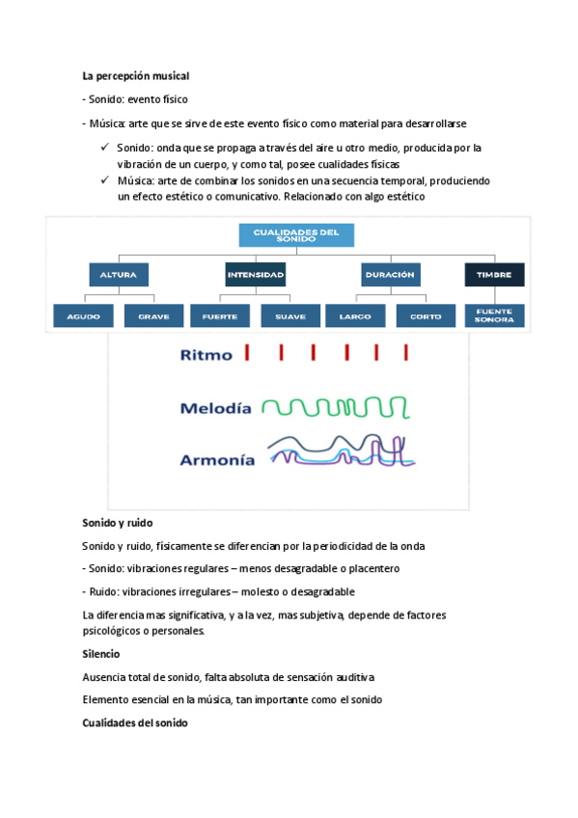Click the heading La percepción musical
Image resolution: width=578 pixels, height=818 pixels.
point(136,75)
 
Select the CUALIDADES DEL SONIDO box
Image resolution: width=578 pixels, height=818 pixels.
point(295,235)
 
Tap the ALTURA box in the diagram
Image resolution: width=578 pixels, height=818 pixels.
point(118,275)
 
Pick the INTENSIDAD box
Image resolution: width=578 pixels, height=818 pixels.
point(256,275)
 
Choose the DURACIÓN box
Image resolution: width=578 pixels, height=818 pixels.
point(390,275)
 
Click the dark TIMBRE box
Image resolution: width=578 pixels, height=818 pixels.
point(494,275)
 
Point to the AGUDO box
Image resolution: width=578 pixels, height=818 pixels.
point(83,316)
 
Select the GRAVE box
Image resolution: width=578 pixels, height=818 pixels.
point(153,316)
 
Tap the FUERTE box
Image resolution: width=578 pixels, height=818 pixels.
point(221,316)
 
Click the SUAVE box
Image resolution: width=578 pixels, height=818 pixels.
point(290,316)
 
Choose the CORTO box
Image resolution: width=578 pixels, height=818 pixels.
point(426,316)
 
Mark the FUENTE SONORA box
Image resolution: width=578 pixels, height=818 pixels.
point(494,316)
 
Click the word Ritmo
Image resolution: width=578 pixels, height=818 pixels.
point(206,355)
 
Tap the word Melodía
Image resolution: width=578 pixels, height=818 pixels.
point(215,408)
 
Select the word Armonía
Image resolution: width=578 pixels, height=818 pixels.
point(217,460)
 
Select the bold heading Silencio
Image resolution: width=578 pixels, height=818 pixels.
point(101,654)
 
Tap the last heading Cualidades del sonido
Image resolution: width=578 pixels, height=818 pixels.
point(135,723)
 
